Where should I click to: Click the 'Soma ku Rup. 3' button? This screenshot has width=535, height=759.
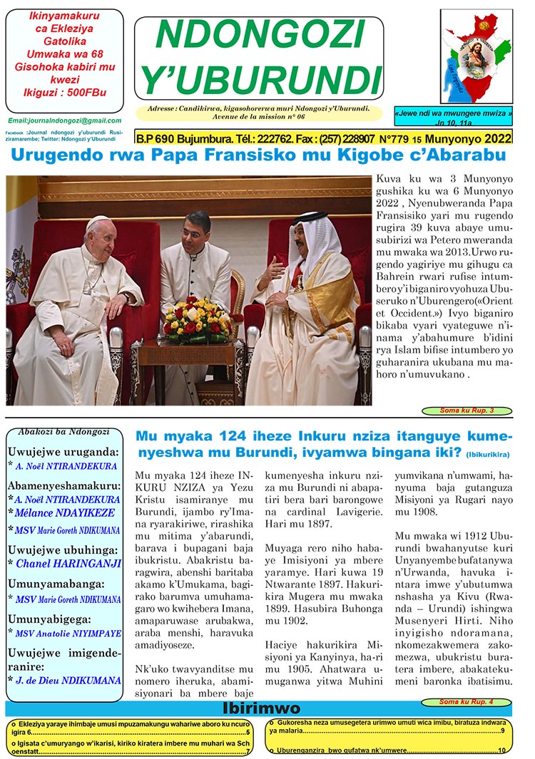(467, 411)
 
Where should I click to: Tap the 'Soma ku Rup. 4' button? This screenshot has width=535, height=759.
(466, 702)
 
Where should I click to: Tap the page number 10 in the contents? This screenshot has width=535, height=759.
(501, 750)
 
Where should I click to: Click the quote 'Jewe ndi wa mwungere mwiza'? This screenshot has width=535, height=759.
(454, 114)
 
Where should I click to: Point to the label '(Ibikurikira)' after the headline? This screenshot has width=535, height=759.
(488, 454)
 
